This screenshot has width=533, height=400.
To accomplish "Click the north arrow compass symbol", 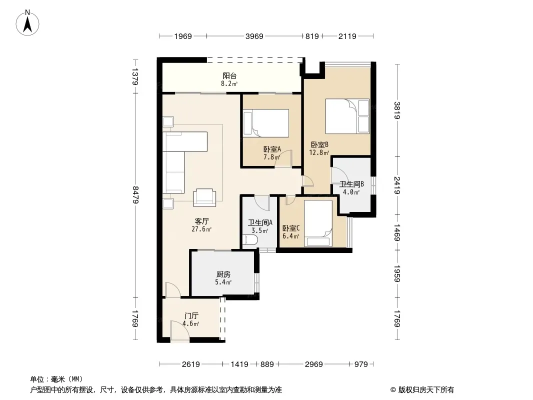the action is [x=27, y=23].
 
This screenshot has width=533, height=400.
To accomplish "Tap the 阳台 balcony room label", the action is [x=229, y=76].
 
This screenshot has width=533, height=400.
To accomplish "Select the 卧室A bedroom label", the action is [x=272, y=149].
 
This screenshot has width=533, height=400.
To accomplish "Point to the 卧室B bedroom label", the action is [x=319, y=145].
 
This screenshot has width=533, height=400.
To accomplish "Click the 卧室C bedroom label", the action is [x=290, y=228].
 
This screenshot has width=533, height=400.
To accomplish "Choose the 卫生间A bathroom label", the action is [x=260, y=223].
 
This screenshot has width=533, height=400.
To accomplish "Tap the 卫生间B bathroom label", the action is [x=351, y=184].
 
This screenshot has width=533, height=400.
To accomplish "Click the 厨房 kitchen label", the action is [x=223, y=274].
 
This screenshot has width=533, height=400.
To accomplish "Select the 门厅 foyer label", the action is [x=191, y=315].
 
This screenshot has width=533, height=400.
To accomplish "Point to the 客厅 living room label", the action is [x=201, y=221].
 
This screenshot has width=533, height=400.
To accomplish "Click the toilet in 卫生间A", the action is [x=250, y=240].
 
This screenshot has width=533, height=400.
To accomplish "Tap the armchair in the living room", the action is [x=204, y=197].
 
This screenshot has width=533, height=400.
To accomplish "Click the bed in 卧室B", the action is [x=347, y=116].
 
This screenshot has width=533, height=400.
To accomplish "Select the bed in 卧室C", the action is [x=318, y=223].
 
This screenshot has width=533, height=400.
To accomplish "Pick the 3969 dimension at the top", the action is [x=254, y=36].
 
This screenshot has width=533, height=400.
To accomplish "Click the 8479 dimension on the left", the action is [x=135, y=194].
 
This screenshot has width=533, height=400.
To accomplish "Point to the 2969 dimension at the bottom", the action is [x=313, y=364].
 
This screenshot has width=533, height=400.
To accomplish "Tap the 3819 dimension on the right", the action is [x=397, y=110].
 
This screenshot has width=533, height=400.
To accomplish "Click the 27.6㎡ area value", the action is [x=201, y=229].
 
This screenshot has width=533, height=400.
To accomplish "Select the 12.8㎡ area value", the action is [x=319, y=152].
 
